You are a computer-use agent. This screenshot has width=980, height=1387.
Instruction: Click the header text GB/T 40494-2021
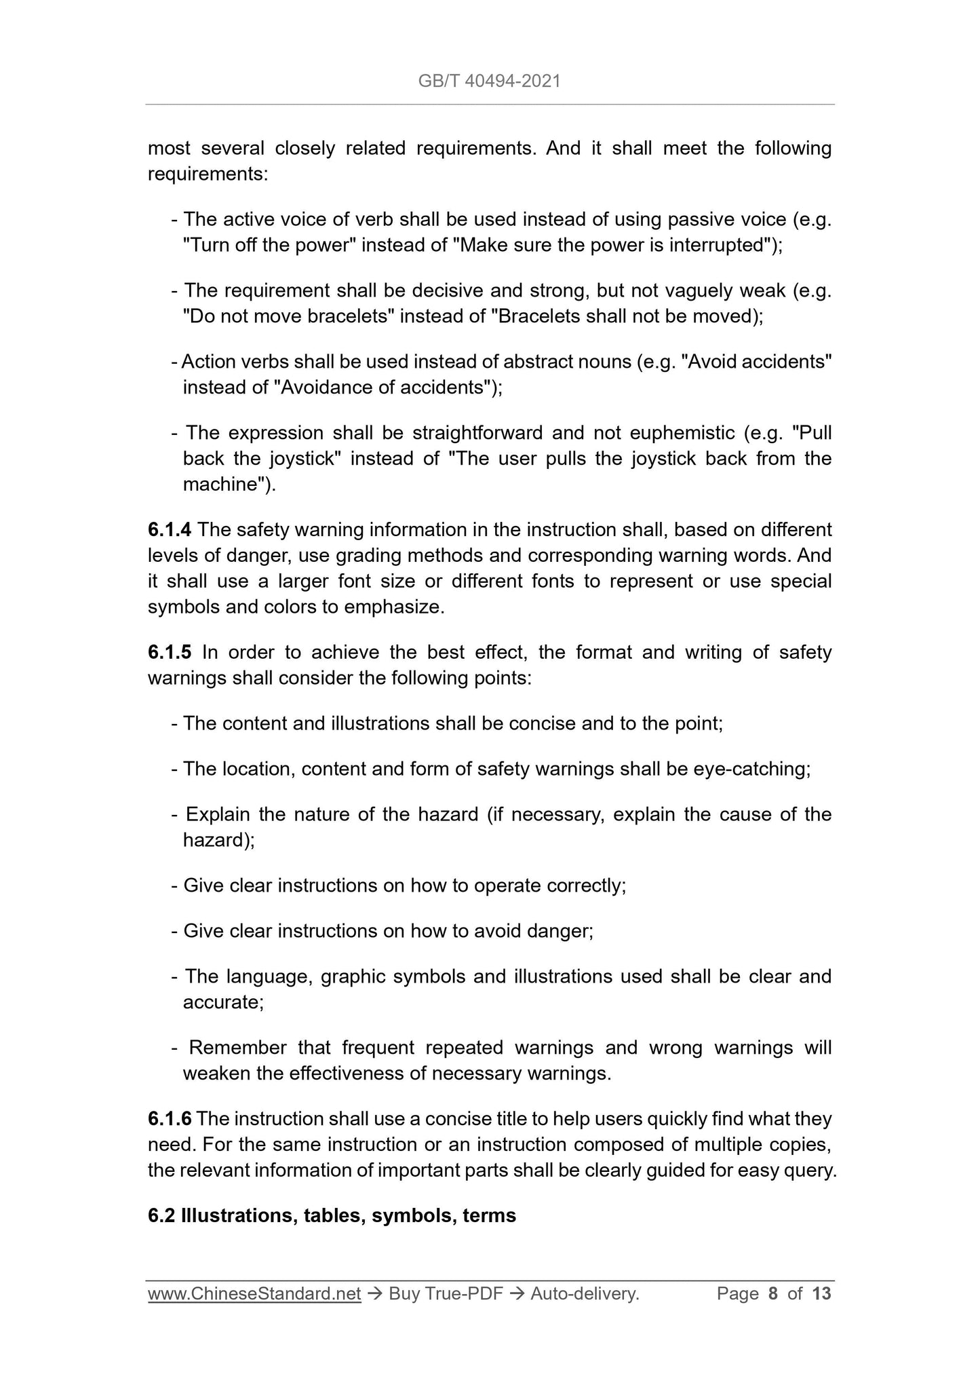click(489, 81)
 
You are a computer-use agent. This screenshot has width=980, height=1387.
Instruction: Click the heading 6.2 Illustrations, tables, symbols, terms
click(332, 1215)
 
